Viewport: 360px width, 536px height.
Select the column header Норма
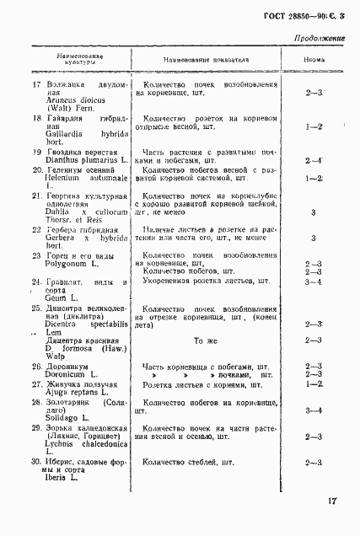click(315, 61)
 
